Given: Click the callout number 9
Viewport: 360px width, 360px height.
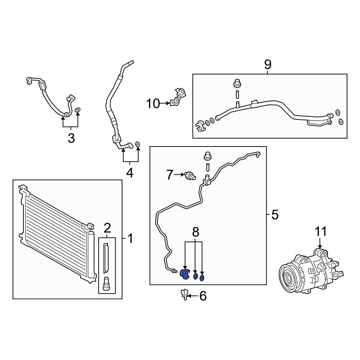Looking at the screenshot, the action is click(267, 65).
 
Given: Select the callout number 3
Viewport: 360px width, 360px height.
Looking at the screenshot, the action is click(71, 138).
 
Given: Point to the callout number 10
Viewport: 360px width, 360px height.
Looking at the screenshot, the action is click(153, 104).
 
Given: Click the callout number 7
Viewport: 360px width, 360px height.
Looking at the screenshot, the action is click(170, 175).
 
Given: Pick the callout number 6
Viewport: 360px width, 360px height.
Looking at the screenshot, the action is click(203, 296).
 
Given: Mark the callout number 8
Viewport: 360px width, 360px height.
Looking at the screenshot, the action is click(195, 232).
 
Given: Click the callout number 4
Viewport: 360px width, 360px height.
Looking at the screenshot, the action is click(130, 173).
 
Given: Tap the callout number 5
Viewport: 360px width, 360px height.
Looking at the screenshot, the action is click(274, 215).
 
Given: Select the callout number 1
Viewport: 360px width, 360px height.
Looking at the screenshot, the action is click(130, 238).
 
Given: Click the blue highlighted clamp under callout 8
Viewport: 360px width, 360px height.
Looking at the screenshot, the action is click(184, 275).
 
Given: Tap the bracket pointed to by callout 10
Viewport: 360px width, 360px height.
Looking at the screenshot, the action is click(179, 97).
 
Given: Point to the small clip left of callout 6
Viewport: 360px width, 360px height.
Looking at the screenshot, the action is click(185, 294).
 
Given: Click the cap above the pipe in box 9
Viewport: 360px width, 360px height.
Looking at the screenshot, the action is click(237, 83).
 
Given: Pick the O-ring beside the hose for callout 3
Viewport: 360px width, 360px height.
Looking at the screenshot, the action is click(78, 109).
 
